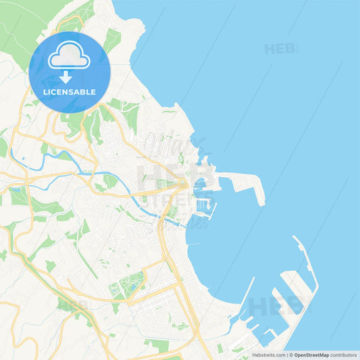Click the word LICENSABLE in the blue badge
69,92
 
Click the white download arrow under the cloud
69,76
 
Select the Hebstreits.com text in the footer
268,355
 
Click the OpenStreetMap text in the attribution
311,355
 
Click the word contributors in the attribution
344,355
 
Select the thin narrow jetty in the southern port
247,290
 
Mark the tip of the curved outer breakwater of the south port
295,238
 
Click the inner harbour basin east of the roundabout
200,183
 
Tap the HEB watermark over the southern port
270,307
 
